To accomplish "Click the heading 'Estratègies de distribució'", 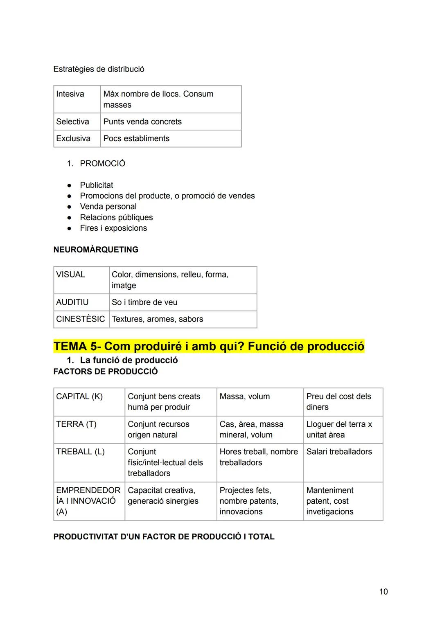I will coord(99,69).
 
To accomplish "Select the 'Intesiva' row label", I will coord(70,94).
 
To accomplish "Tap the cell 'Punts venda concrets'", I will coord(142,122).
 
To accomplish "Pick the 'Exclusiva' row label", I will coord(73,139).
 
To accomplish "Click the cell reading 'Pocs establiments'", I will coord(136,139).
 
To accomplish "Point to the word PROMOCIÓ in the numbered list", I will coord(102,164).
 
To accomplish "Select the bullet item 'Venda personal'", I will coord(108,207).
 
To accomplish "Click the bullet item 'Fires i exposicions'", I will coord(113,228).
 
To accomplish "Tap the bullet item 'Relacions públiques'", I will coord(116,218).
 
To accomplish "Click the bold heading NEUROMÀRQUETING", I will coord(96,250).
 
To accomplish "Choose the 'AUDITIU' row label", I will coord(72,302).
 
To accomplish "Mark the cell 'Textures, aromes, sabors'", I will coord(157,319).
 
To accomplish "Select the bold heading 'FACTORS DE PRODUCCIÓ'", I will coord(105,372).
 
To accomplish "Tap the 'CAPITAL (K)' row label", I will coord(79,396).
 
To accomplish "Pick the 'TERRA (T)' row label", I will coord(76,424).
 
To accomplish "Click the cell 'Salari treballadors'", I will coord(339,452).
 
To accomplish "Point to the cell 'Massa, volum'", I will coord(244,396).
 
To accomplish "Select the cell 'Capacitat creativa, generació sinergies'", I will coord(163,496).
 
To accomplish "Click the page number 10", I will coord(383,592).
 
